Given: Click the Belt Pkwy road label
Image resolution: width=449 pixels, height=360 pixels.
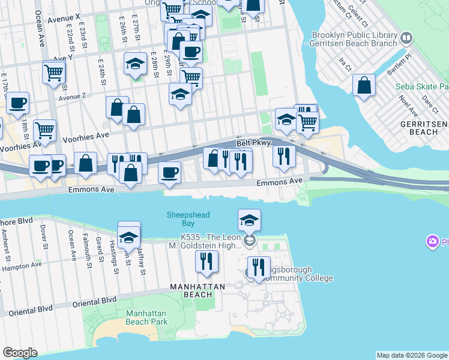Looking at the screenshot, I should pos(250,143).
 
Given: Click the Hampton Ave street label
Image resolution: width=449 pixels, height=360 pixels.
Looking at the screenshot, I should pos(21,265).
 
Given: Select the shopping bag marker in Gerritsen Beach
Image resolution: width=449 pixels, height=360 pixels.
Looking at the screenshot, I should pos(364,86).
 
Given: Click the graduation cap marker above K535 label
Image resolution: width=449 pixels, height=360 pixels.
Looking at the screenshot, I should pos(249,221).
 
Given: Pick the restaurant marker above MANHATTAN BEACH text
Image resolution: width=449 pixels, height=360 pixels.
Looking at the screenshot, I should pos(206,262).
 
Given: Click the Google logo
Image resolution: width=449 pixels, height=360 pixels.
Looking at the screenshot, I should pos(20,353).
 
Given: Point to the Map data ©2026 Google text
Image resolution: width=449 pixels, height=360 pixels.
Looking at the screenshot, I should pos(412,355).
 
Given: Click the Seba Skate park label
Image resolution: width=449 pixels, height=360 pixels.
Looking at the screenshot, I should pos(422,86).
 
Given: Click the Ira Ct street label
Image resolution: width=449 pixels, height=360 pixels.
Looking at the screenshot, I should pos(344,62).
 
